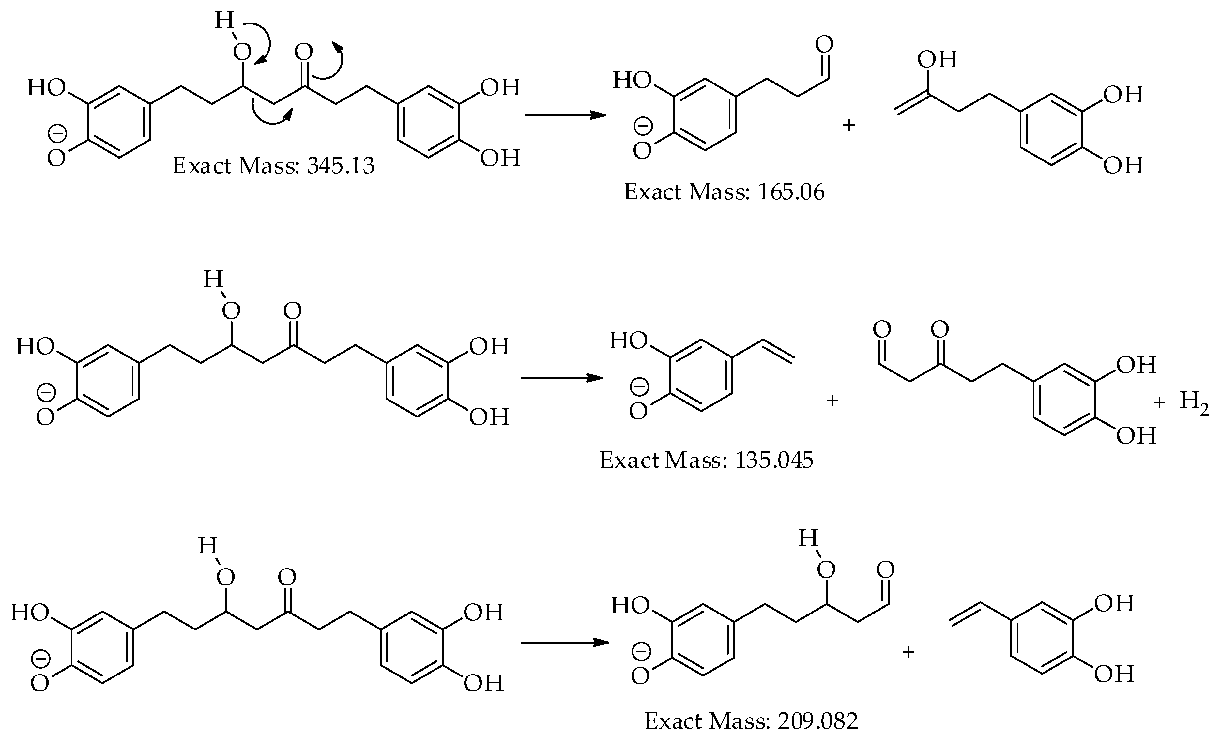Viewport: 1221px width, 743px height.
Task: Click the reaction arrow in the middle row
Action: click(561, 378)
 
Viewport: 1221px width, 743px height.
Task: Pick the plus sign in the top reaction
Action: click(849, 125)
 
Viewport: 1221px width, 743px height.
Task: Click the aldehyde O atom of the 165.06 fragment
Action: click(824, 45)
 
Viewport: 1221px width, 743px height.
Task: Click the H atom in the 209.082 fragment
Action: click(808, 538)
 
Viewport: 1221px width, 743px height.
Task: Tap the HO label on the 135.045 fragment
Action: click(628, 341)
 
